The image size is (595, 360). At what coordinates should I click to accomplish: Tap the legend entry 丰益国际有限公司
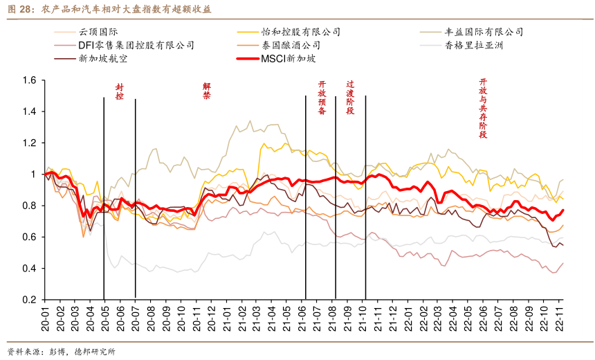(x=484, y=32)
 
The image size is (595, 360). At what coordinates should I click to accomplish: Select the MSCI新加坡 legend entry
(x=288, y=58)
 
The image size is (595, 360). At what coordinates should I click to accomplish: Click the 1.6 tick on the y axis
(x=29, y=80)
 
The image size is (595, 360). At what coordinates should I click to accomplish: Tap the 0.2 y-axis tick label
(x=29, y=300)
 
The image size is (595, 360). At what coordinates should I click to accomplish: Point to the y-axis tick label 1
(x=33, y=174)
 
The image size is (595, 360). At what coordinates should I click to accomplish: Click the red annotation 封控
(x=119, y=92)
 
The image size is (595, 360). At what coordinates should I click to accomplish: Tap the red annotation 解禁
(x=206, y=91)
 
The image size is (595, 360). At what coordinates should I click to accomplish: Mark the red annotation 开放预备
(x=322, y=98)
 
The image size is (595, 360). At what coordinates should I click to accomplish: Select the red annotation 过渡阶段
(x=350, y=97)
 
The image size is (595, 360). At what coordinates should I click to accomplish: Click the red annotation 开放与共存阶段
(x=483, y=108)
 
